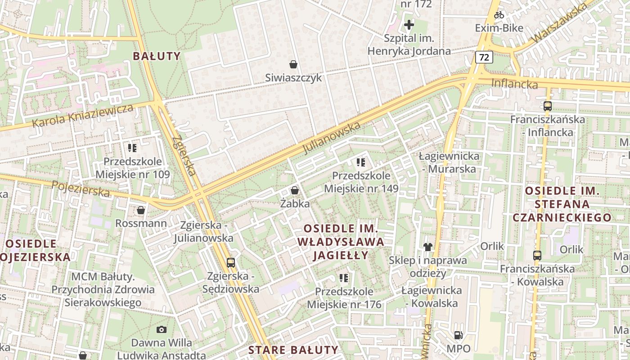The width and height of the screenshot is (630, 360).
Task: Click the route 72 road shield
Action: click(x=484, y=57)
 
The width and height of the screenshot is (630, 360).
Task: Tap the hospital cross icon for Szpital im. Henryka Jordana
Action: click(x=409, y=24)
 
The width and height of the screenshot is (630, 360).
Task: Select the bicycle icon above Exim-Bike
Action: click(x=499, y=15)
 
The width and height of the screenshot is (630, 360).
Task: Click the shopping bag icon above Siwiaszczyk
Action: click(x=293, y=64)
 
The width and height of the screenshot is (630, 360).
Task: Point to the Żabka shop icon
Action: click(x=295, y=190)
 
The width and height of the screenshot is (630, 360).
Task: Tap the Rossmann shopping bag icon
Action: click(x=141, y=210)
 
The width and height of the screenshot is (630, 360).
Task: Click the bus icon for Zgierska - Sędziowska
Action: click(x=231, y=262)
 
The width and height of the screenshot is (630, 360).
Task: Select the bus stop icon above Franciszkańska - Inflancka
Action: click(x=548, y=106)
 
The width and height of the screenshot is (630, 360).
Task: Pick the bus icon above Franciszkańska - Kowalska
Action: click(x=537, y=256)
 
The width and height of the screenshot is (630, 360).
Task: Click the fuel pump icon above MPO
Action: click(x=458, y=335)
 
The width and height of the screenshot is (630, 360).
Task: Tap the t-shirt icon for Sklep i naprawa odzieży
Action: click(x=427, y=247)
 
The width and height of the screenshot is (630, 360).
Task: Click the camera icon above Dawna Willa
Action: click(x=162, y=330)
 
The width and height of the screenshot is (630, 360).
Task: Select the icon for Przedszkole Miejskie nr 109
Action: click(x=132, y=148)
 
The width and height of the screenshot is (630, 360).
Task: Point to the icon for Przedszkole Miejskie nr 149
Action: click(x=360, y=162)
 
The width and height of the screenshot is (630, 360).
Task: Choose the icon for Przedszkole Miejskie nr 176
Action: click(x=344, y=278)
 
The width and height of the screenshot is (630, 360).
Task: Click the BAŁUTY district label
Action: click(x=157, y=56)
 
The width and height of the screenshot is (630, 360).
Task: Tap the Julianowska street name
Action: click(x=332, y=137)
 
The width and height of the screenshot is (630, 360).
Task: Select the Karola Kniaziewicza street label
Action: click(x=84, y=116)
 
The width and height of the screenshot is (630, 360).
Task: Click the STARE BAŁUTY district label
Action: click(x=293, y=350)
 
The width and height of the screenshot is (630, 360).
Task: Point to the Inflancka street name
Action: click(x=514, y=84)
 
